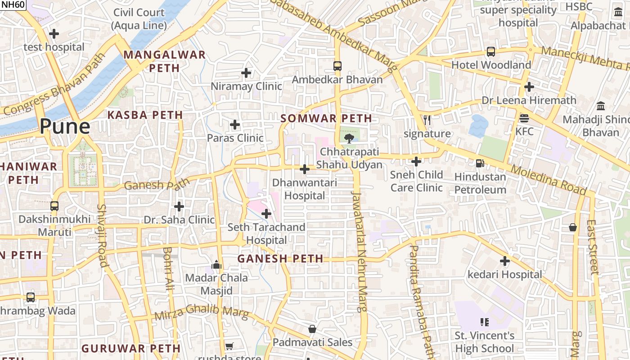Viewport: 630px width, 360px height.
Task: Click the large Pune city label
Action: coord(65,126)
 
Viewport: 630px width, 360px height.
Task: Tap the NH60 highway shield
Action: coord(13,4)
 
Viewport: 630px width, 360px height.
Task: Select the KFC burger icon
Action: coord(524,118)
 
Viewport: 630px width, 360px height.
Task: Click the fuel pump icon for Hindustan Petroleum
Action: coord(480,163)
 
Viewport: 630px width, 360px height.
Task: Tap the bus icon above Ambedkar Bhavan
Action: coord(337,66)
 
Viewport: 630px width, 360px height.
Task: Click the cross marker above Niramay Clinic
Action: coord(246,72)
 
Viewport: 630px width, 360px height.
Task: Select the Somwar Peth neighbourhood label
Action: coord(326,119)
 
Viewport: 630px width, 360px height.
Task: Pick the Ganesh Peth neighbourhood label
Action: coord(280,259)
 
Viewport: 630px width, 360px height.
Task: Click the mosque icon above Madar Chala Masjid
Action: coord(217,265)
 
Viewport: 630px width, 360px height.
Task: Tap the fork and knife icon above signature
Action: coord(427,120)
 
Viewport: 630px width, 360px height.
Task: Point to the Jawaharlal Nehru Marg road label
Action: coord(359,252)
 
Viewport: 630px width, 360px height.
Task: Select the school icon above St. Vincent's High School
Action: coord(485,322)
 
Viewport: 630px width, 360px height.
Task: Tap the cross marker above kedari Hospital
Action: coord(505,261)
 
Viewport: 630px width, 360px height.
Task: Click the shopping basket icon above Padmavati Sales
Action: coord(312,329)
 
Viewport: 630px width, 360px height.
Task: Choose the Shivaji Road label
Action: coord(102,235)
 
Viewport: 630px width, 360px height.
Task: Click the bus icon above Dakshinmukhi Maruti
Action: coord(54,206)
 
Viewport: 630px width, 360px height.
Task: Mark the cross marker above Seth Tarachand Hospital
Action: coord(266,213)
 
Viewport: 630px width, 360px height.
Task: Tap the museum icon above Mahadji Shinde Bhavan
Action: coord(601,106)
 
